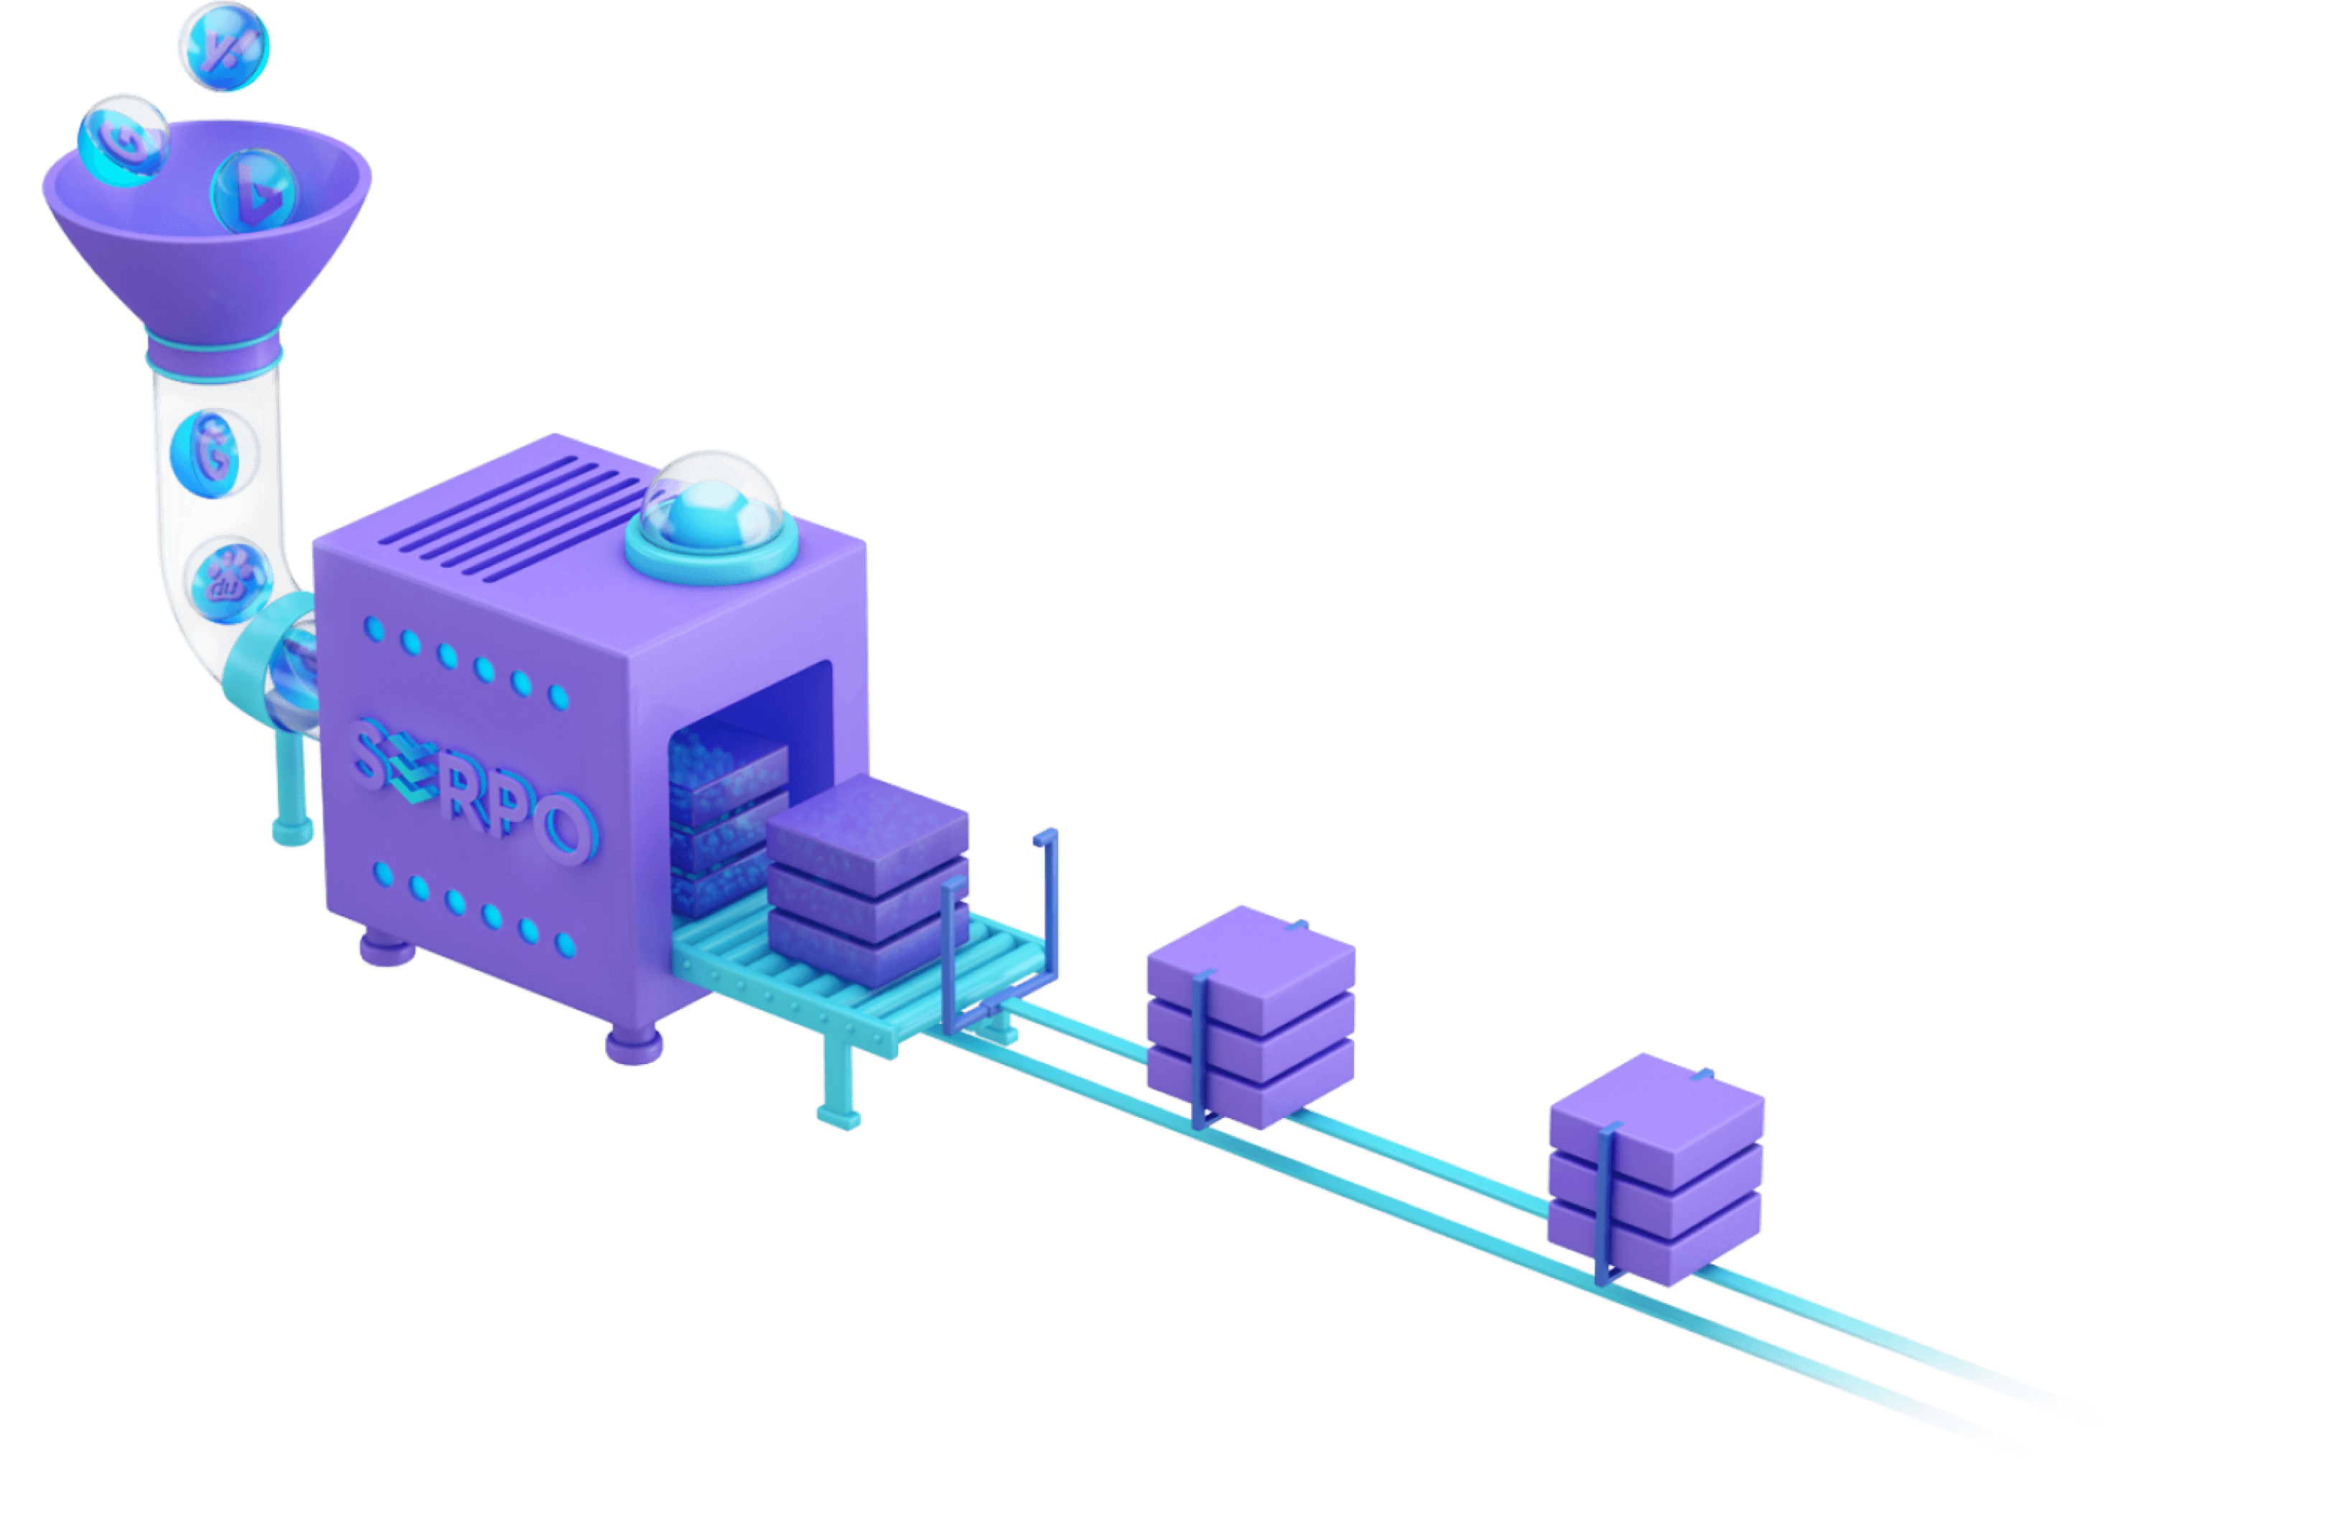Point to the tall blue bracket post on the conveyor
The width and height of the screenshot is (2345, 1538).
click(1049, 906)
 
